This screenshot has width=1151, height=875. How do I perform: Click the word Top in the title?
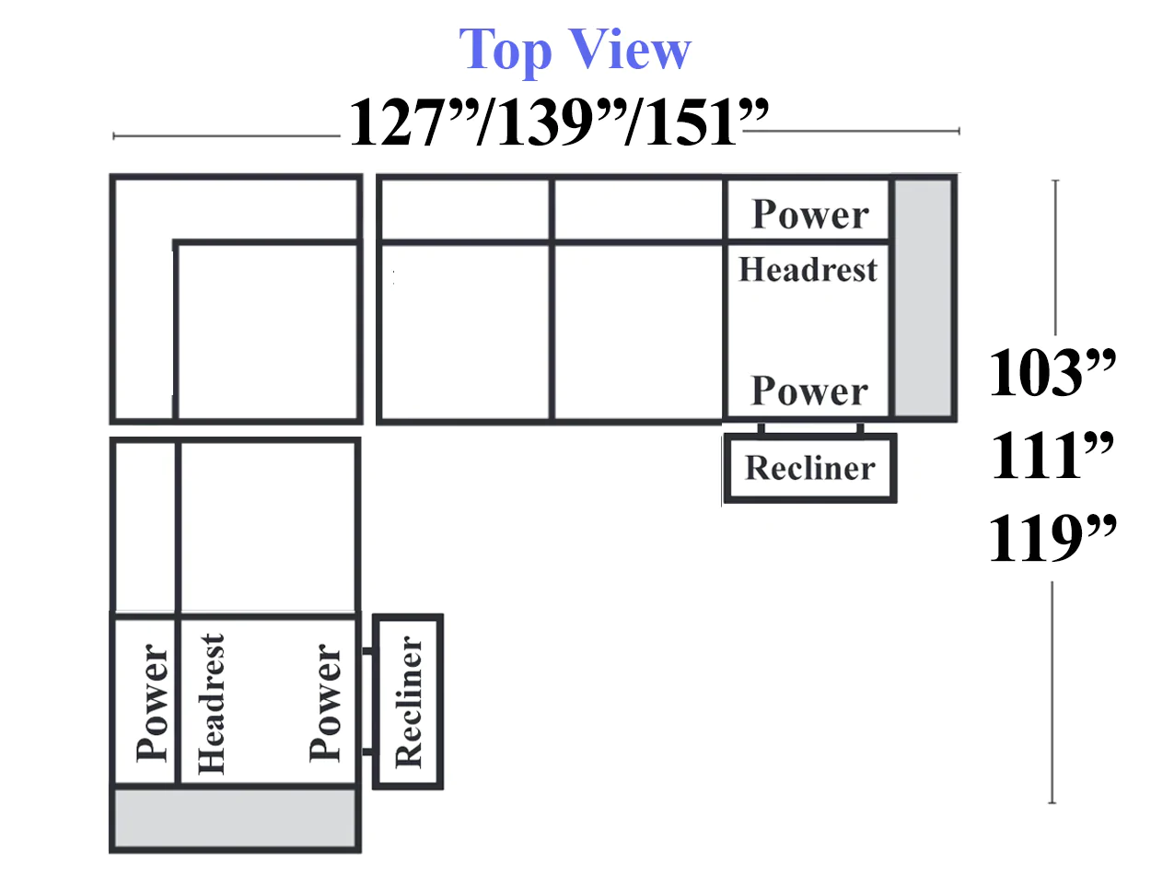[505, 51]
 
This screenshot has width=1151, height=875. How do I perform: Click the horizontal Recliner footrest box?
[810, 468]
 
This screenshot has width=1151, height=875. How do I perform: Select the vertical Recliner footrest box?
[408, 702]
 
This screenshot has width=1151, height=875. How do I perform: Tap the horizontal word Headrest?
[808, 270]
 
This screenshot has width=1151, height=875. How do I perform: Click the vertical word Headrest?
[211, 704]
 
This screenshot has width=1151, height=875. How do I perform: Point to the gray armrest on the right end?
[923, 297]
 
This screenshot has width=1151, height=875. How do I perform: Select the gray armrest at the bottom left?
[235, 818]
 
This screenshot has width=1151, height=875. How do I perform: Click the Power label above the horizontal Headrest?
[810, 214]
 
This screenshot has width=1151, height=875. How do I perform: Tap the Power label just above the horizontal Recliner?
[809, 391]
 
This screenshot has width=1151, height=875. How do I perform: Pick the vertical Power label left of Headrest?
[152, 703]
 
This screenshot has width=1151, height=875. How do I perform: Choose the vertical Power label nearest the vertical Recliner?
[325, 703]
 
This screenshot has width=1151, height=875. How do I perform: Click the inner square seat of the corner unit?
[266, 331]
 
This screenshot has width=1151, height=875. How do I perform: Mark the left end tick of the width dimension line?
[114, 136]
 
